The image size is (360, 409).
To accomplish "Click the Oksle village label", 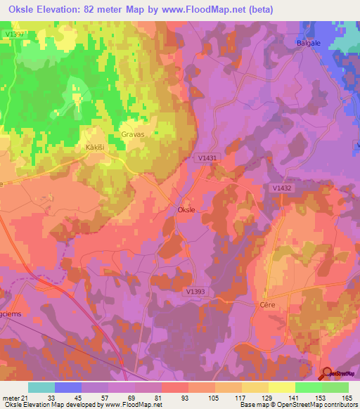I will [x=186, y=210].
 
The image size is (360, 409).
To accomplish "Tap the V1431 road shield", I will [x=207, y=159].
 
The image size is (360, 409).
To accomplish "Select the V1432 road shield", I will [x=281, y=188].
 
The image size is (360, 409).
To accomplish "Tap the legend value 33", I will [x=41, y=397].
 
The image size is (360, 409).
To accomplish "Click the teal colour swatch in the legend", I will [x=41, y=387].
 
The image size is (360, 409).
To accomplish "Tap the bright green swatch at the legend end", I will [x=335, y=387].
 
